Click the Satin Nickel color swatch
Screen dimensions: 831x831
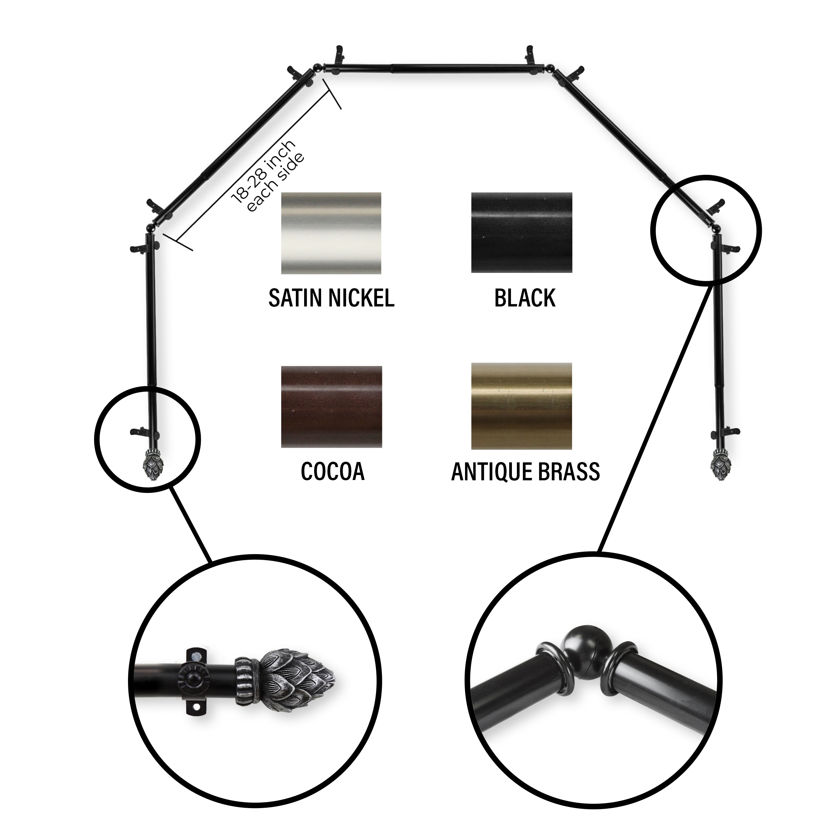pos(331,233)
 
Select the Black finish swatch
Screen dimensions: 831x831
pos(522,233)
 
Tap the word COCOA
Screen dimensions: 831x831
pos(332,472)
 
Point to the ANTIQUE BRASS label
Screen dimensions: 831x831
pos(526,472)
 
